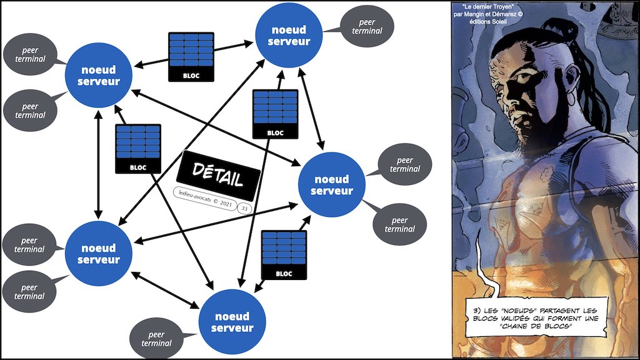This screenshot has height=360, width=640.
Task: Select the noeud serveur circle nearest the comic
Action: tap(332, 184)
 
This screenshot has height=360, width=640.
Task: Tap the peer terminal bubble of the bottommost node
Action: tap(157, 337)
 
